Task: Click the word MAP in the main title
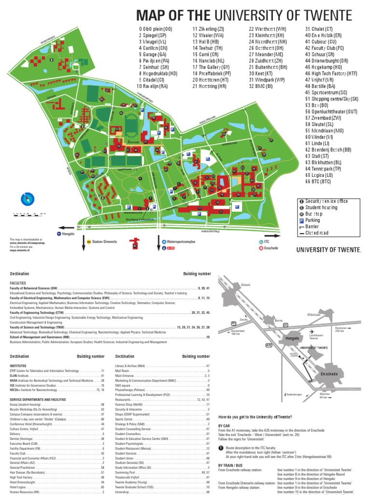coord(153,15)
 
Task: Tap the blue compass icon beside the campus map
coord(28,199)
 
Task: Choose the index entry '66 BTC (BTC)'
coord(318,181)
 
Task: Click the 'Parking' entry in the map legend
coord(313,220)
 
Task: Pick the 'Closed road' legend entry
coord(316,233)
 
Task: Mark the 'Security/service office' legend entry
coord(326,201)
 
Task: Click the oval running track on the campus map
coord(131,124)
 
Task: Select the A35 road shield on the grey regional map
coord(269,345)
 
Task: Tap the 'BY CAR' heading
coord(225,425)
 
